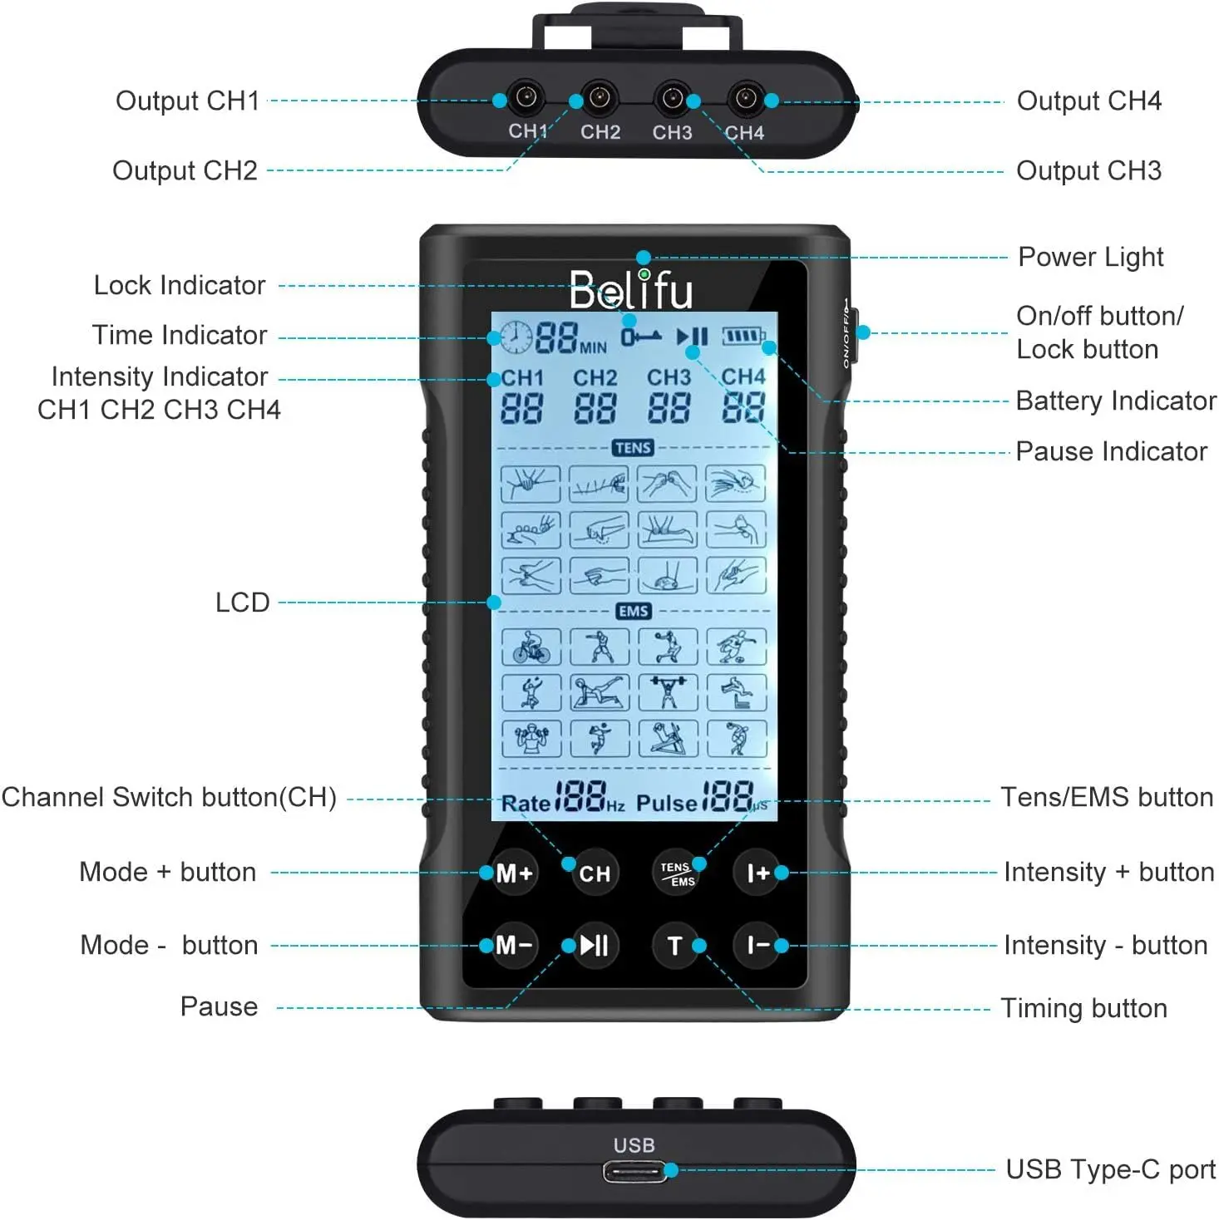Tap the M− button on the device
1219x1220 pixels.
tap(514, 946)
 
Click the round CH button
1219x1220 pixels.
tap(595, 873)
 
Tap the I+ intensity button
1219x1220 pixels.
tap(757, 873)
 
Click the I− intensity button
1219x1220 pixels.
tap(757, 946)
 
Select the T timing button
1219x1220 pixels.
tap(674, 946)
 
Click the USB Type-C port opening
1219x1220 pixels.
tap(634, 1172)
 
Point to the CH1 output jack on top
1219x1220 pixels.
tap(526, 99)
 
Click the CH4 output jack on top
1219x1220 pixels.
tap(746, 99)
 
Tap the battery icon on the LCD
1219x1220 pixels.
tap(743, 337)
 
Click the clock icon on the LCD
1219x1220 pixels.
tap(516, 337)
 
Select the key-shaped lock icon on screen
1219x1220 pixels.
tap(641, 337)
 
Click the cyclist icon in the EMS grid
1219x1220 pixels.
tap(531, 647)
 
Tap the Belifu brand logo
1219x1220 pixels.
tap(631, 290)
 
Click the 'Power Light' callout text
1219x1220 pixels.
tap(1090, 258)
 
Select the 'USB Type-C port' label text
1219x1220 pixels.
tap(1110, 1170)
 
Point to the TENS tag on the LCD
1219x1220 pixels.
tap(633, 448)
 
